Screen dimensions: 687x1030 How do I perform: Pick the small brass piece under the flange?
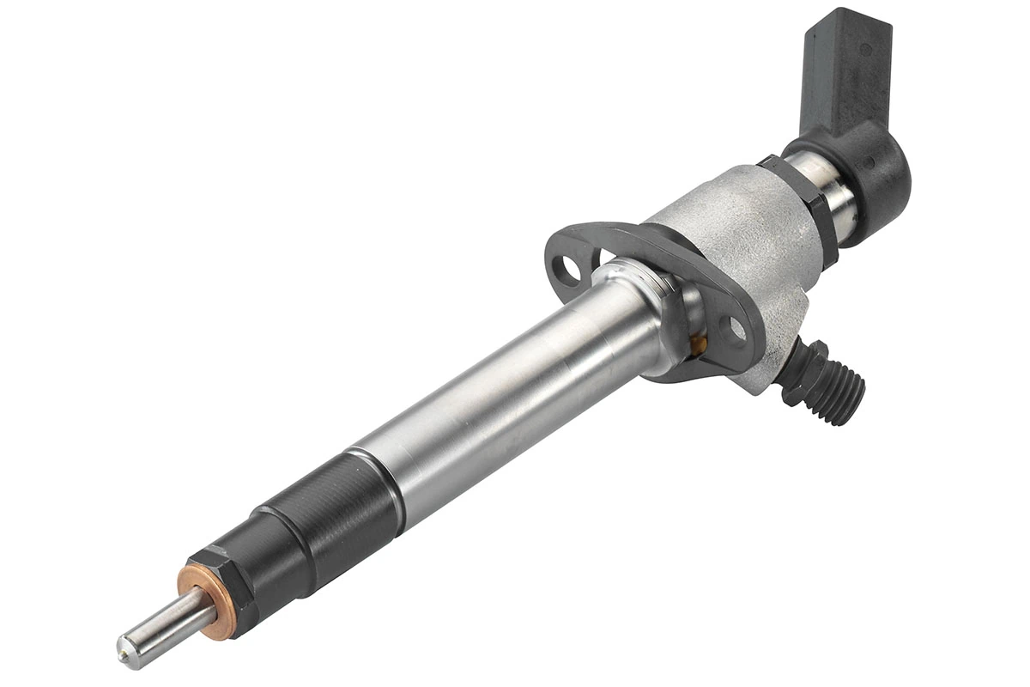tap(700, 345)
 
